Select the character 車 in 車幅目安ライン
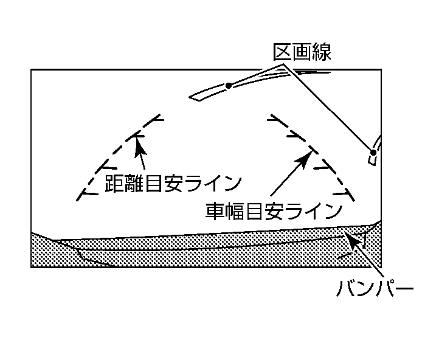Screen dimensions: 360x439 215,210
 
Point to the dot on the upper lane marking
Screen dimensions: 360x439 229,86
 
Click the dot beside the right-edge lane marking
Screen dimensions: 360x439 372,151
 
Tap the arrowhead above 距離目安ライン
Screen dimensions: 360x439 138,141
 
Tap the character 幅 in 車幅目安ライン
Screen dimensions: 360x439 235,210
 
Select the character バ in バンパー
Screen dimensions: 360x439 346,286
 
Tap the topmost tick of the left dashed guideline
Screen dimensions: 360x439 157,117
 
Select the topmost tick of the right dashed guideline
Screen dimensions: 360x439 274,117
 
